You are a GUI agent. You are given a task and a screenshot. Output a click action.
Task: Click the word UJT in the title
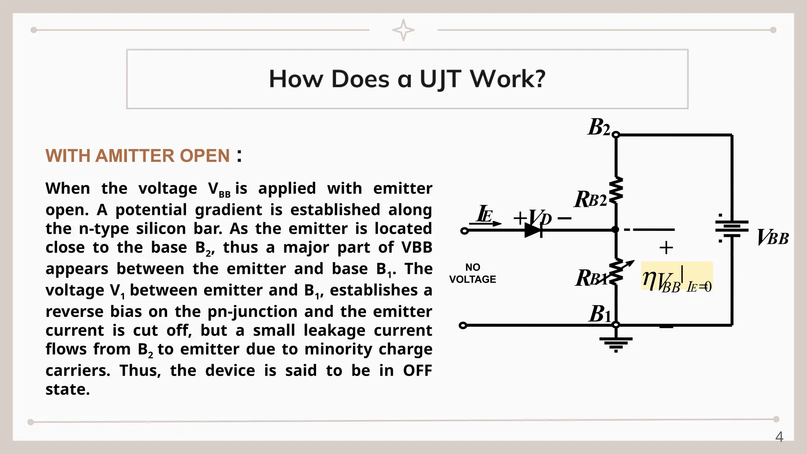tap(440, 79)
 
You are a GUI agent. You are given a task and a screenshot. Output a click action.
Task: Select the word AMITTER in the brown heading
tap(138, 156)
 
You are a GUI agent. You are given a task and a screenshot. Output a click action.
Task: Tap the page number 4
tap(779, 437)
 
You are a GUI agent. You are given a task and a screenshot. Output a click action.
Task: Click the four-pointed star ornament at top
tap(403, 30)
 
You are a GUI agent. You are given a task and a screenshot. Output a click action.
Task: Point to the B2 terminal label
tap(599, 127)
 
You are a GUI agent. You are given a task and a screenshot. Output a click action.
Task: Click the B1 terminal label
tap(599, 314)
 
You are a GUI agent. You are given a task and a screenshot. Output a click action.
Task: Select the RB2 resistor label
tap(590, 199)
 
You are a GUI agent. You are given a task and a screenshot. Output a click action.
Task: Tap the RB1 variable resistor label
tap(590, 278)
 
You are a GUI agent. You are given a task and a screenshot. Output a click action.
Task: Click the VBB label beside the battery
tap(773, 238)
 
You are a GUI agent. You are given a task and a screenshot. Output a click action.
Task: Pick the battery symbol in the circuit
tap(732, 229)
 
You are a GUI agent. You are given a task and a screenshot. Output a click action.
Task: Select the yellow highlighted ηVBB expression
tap(676, 277)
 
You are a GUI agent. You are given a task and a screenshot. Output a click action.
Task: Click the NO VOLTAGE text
tap(472, 274)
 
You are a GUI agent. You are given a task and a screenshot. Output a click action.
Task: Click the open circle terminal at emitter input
tap(465, 231)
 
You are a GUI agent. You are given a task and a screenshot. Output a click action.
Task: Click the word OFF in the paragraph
tap(417, 370)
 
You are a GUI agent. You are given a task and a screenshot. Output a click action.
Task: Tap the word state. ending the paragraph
tap(67, 389)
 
